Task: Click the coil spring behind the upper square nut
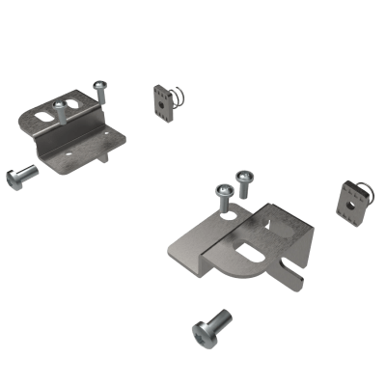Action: click(x=175, y=94)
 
